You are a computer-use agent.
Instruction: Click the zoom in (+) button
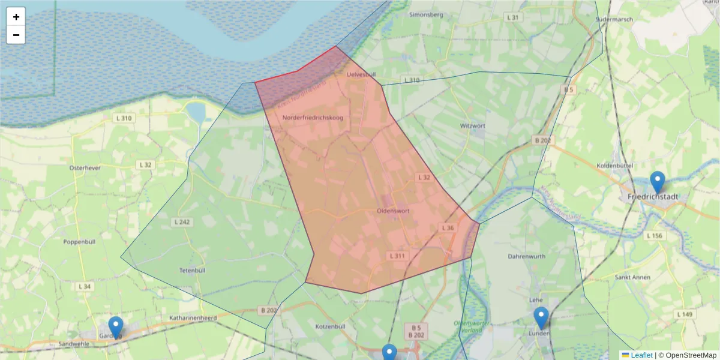(x=16, y=17)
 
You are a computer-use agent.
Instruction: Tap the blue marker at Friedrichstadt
(x=658, y=182)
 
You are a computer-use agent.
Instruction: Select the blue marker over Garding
(x=116, y=327)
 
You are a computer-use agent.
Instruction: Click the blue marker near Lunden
(x=541, y=317)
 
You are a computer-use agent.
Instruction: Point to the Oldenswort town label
(x=393, y=211)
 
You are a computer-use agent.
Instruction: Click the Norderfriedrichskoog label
(x=313, y=118)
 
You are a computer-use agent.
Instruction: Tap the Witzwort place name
(x=472, y=126)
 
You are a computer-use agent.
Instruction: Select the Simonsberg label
(x=427, y=14)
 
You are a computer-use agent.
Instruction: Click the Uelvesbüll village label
(x=361, y=74)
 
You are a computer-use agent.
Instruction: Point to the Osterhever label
(x=83, y=168)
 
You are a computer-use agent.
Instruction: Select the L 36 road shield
(x=448, y=228)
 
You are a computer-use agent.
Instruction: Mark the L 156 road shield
(x=655, y=236)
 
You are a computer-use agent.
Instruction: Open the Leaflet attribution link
(x=641, y=355)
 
